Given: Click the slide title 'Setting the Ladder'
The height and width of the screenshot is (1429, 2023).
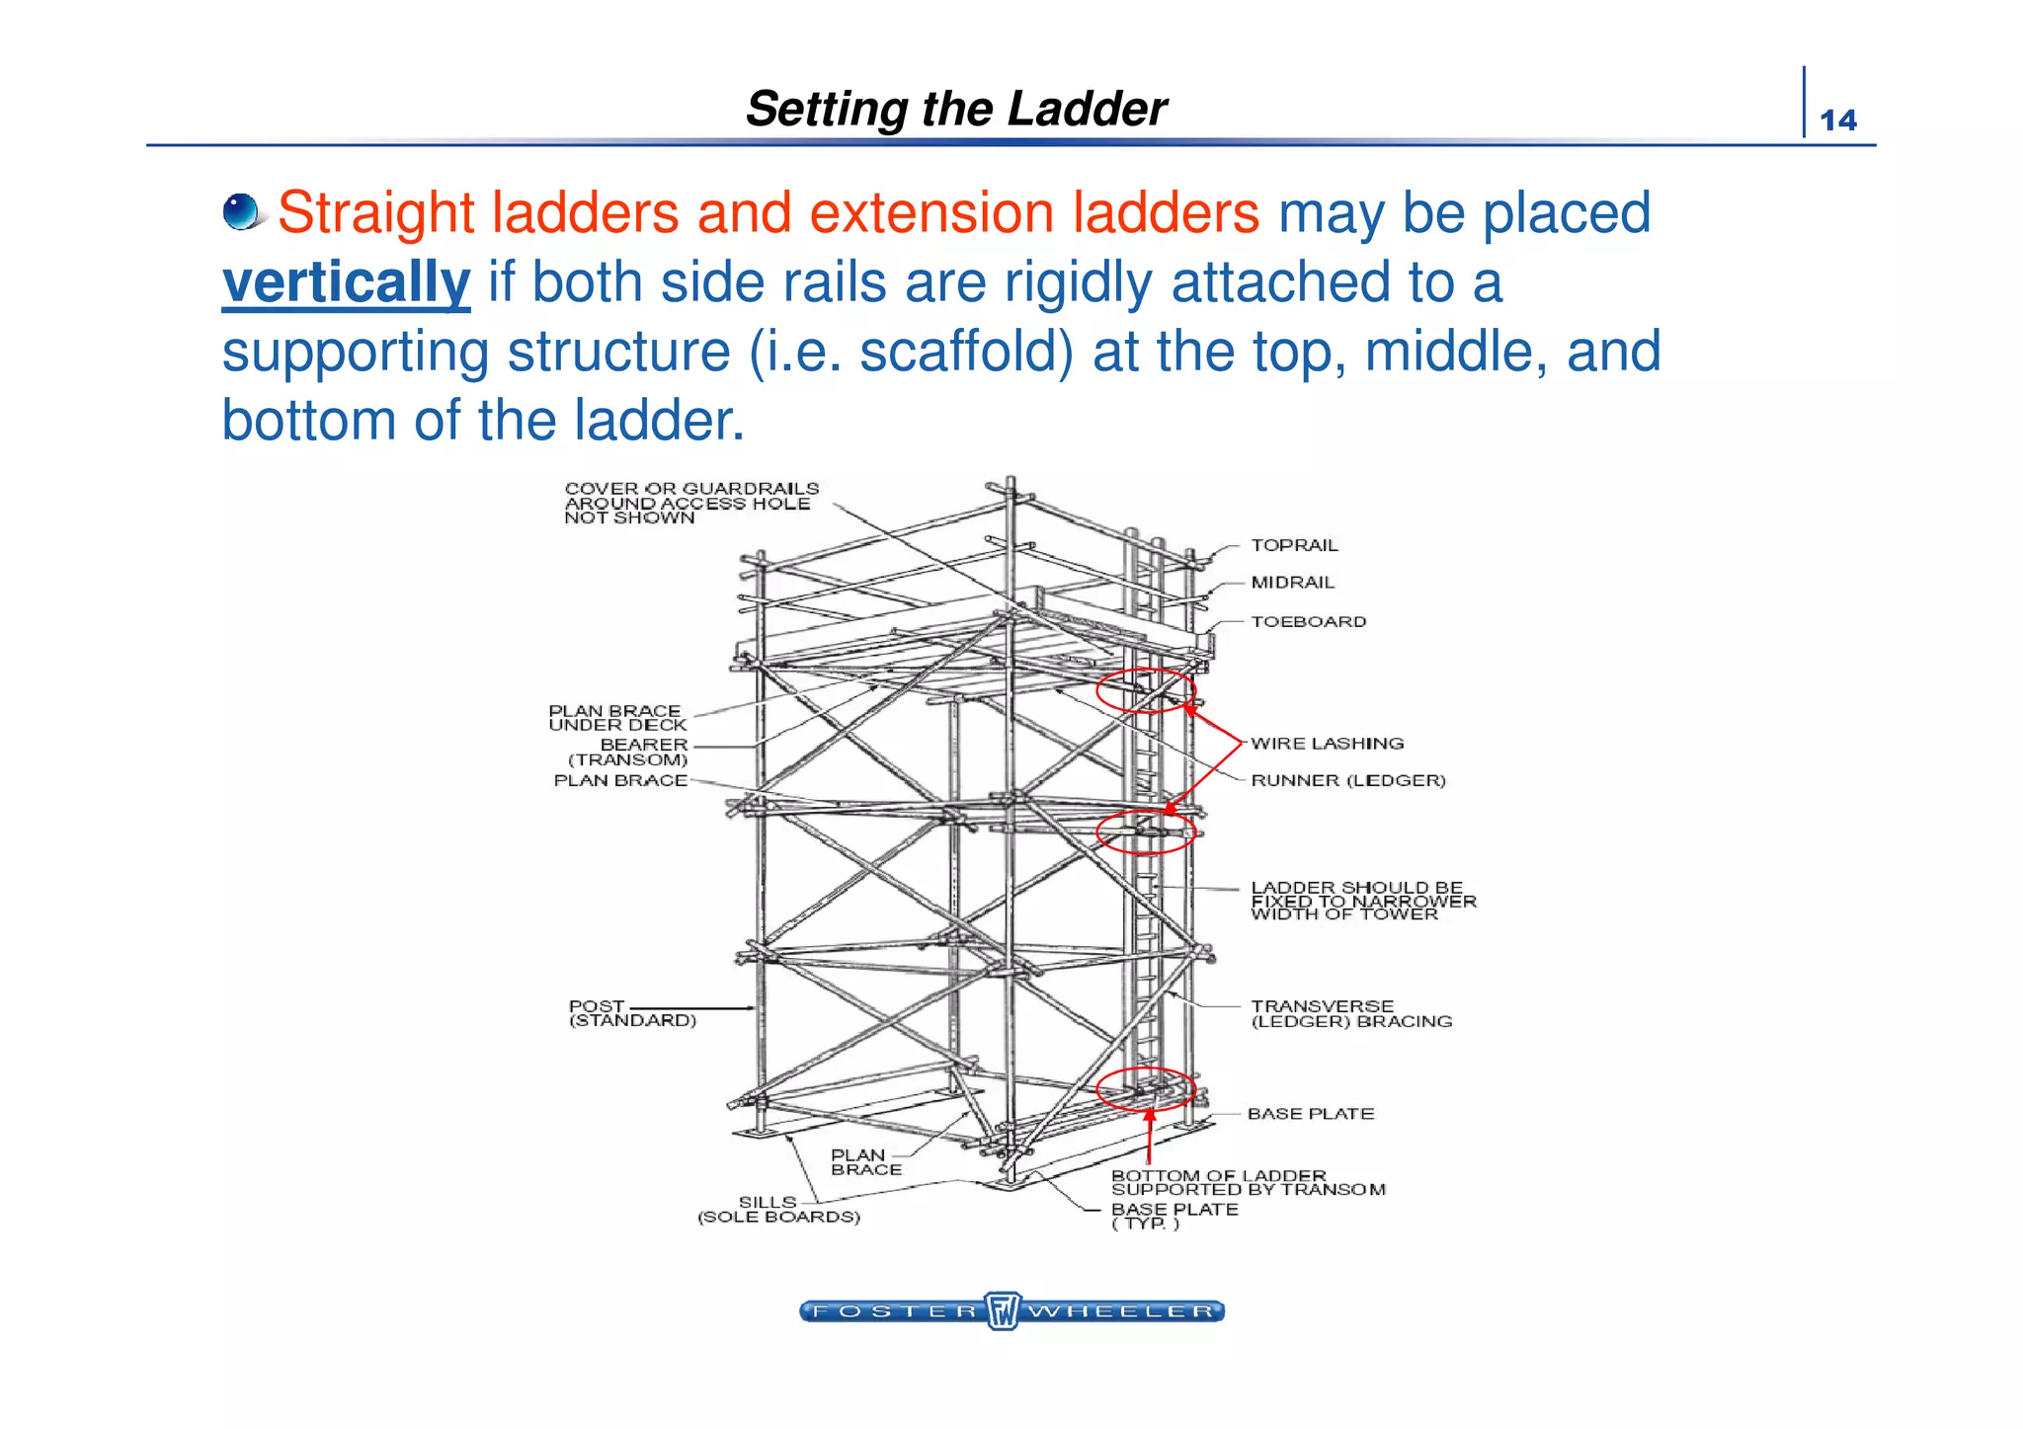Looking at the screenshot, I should [x=955, y=109].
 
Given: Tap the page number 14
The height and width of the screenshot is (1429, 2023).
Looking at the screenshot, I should [x=1837, y=120].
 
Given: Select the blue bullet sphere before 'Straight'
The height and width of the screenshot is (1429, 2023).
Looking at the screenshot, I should [x=241, y=211].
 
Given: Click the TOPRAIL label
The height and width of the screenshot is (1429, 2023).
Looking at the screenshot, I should [x=1294, y=545].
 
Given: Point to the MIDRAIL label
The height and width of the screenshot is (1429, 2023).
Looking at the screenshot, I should [x=1292, y=583].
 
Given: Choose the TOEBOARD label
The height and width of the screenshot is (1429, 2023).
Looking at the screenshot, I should [x=1308, y=621].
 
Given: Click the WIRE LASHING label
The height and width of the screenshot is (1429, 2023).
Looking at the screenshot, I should [x=1327, y=744].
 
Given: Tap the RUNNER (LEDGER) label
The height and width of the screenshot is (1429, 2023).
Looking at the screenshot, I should [x=1347, y=780].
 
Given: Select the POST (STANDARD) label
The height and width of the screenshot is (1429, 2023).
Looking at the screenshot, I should [x=632, y=1013].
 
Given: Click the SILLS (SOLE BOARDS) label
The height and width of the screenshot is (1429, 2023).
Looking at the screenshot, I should [x=778, y=1210].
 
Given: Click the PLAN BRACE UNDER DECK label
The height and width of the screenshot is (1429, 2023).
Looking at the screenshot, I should [x=617, y=718].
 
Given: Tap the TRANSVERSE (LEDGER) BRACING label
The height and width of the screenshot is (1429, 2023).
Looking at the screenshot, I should [x=1350, y=1014].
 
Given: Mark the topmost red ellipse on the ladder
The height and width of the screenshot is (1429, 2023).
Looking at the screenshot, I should [x=1146, y=690].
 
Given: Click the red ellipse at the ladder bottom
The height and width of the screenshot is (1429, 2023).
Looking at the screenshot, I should [x=1146, y=1089].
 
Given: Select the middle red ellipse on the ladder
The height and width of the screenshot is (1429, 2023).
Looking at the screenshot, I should [x=1146, y=832].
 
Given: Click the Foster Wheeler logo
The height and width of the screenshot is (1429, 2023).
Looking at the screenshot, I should [x=1011, y=1311].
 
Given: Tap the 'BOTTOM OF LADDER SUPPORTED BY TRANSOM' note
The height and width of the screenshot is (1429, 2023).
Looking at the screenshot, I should [x=1248, y=1182].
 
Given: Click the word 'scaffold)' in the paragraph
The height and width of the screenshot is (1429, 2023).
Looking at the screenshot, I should [x=966, y=352].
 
